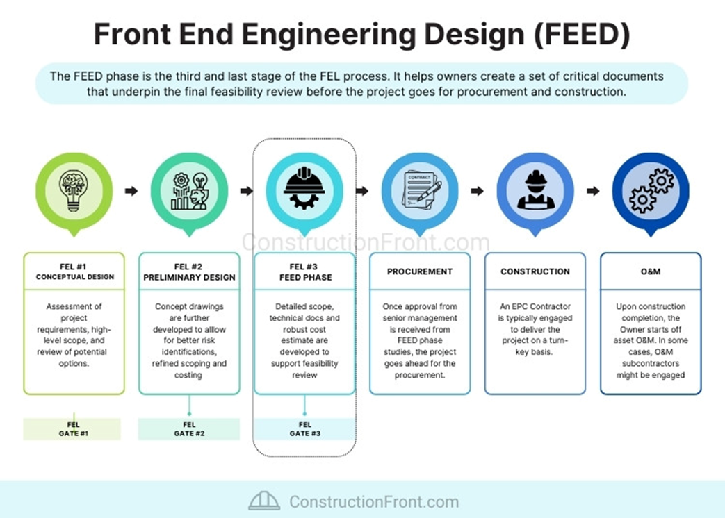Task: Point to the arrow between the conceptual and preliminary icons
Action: point(131,191)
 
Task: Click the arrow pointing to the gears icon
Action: point(593,191)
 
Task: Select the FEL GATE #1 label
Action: point(73,429)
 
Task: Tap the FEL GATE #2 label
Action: point(189,429)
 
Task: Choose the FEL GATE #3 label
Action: point(304,429)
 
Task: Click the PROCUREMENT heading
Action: point(420,271)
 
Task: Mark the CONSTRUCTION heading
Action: point(535,271)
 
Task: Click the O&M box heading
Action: point(651,271)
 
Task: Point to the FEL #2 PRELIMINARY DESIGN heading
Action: point(189,271)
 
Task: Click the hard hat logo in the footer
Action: point(264,501)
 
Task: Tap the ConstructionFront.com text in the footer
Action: point(373,501)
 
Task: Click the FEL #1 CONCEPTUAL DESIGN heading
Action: point(74,271)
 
